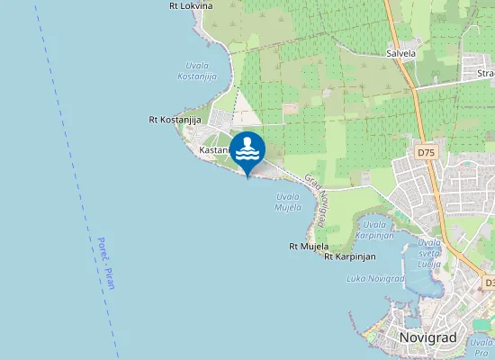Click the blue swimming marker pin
(x=247, y=150)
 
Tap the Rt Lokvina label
(x=191, y=5)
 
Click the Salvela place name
(x=400, y=53)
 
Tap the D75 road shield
(x=427, y=153)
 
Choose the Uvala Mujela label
(x=288, y=202)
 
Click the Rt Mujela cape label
(x=309, y=246)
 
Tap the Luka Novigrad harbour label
(x=374, y=279)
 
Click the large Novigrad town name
(x=427, y=337)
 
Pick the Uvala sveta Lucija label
(x=429, y=254)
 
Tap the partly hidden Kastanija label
(x=214, y=150)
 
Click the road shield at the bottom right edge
(x=489, y=283)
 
